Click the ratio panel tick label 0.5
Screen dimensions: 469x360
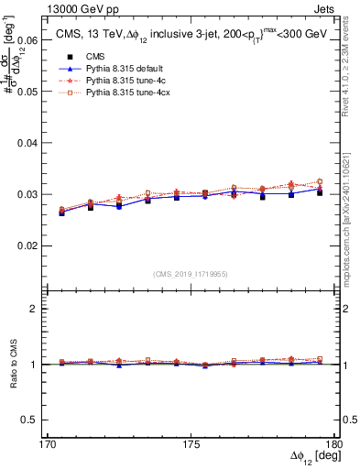(28, 420)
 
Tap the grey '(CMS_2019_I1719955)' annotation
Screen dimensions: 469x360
(190, 272)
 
